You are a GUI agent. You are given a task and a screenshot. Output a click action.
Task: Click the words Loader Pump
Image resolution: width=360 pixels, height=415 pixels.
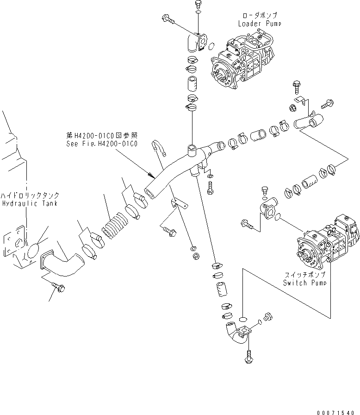click(259, 23)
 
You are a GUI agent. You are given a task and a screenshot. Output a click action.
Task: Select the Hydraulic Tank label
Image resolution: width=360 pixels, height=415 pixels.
click(29, 203)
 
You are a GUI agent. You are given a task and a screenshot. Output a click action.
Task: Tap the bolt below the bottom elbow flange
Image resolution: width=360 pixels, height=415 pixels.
click(249, 356)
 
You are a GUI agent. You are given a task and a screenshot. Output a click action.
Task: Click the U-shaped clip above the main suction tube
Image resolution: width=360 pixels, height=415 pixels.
click(156, 149)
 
